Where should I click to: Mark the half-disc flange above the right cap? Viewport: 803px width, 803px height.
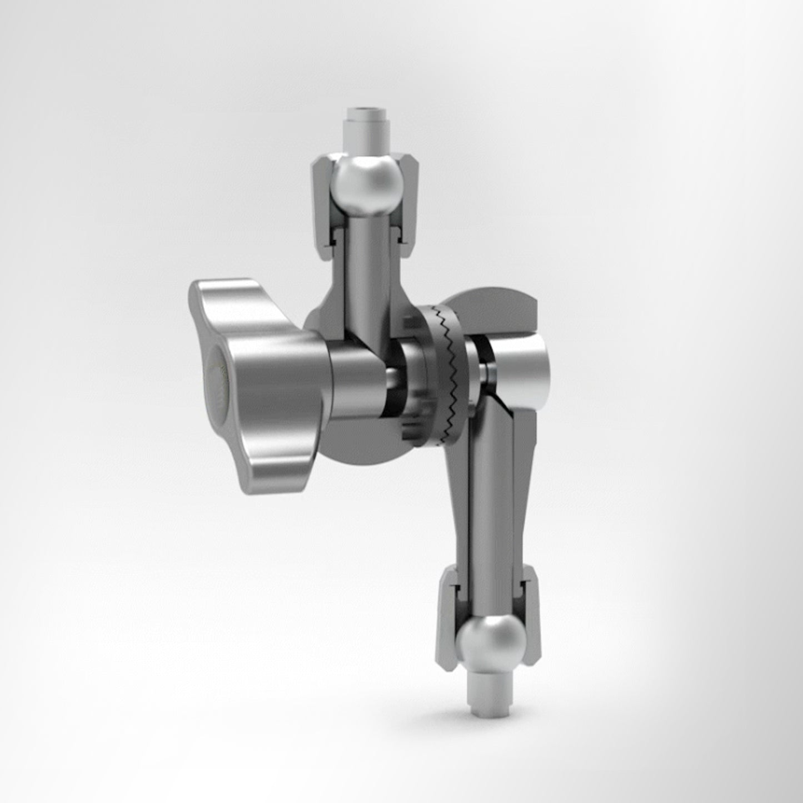pyautogui.click(x=500, y=308)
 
